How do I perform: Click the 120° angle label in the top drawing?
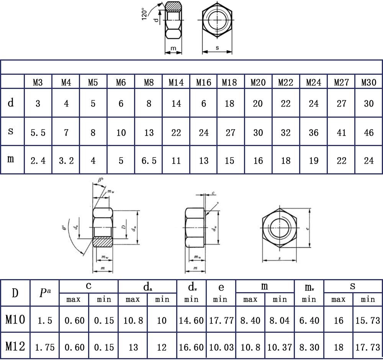click(144, 14)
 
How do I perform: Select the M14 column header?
click(176, 82)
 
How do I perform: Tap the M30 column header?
click(368, 82)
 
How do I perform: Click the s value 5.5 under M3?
click(38, 133)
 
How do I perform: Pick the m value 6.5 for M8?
click(149, 161)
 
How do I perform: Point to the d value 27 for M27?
click(341, 104)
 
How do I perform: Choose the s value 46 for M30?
click(368, 133)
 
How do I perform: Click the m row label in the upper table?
click(11, 159)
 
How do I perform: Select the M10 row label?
click(15, 319)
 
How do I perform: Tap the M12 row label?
click(15, 347)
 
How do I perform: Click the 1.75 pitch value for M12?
click(45, 348)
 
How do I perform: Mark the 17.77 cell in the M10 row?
click(221, 320)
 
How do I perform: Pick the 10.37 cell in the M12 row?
click(280, 348)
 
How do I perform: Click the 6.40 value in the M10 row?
click(309, 320)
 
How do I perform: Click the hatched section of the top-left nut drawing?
click(174, 7)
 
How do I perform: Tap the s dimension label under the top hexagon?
click(217, 48)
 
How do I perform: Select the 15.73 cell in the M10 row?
click(368, 320)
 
